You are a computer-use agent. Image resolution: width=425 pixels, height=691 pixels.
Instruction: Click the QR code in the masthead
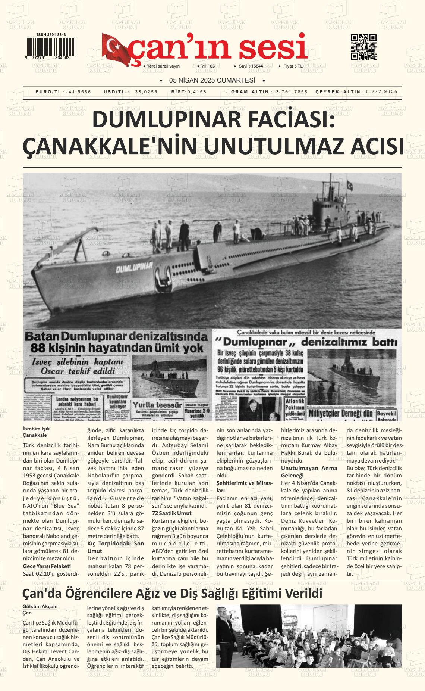363,47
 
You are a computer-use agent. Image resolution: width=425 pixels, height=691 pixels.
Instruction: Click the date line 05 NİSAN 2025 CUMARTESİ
212,80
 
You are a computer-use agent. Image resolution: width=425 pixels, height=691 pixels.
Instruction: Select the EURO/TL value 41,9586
80,92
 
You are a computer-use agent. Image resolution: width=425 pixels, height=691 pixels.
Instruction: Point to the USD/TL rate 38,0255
146,92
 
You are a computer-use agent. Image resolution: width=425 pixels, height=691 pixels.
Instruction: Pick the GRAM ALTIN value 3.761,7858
292,92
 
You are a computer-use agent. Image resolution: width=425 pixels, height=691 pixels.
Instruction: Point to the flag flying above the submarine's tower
350,186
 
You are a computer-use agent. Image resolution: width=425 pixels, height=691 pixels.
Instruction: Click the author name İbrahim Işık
36,429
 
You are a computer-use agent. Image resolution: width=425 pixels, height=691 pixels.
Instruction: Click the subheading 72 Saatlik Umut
172,513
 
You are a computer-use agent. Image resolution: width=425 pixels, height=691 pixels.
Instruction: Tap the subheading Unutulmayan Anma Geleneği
309,472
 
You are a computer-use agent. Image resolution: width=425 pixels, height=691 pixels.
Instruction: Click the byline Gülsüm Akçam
40,606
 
